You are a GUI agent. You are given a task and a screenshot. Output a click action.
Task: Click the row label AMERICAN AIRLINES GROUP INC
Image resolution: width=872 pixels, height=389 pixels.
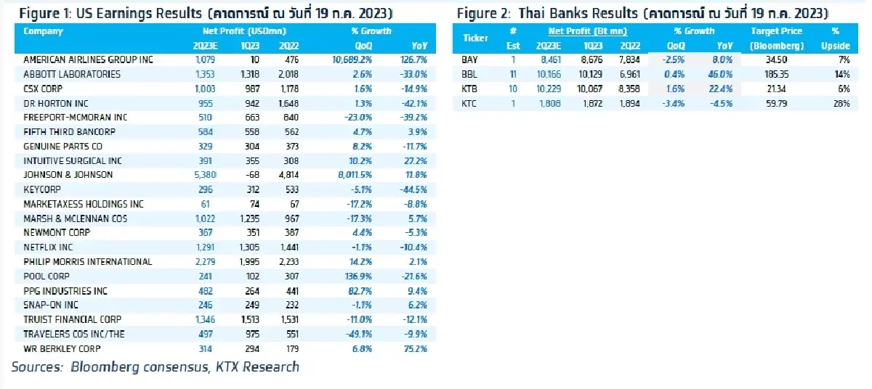click(88, 60)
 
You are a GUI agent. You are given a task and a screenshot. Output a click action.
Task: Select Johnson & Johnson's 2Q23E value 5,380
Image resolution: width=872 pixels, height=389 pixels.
click(205, 175)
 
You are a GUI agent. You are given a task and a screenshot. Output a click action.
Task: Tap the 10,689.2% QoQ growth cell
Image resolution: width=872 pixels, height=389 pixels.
click(352, 60)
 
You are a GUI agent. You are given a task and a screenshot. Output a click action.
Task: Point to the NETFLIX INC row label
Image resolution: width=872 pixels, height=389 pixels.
click(48, 247)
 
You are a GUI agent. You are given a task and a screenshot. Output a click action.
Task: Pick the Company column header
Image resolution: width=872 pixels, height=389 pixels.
click(43, 31)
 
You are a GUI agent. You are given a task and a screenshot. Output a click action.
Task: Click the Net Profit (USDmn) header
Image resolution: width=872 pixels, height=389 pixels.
click(244, 31)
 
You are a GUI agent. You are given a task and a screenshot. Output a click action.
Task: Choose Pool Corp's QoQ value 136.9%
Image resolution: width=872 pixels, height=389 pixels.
click(358, 277)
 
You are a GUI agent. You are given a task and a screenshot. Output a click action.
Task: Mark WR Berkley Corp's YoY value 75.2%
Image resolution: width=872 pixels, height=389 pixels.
click(416, 349)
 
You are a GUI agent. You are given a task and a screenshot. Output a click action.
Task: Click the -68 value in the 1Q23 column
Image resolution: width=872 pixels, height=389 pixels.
click(252, 175)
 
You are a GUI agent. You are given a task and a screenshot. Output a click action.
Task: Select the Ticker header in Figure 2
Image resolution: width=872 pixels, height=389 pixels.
click(475, 38)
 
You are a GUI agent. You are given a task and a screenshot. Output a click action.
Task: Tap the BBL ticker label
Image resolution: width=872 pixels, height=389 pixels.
click(469, 75)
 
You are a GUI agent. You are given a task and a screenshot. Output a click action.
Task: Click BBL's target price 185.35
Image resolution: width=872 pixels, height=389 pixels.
click(776, 75)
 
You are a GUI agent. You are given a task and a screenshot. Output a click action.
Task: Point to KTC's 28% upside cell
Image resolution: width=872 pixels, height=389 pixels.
click(844, 104)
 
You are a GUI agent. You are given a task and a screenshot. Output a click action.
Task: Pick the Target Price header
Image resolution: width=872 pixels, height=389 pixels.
click(776, 31)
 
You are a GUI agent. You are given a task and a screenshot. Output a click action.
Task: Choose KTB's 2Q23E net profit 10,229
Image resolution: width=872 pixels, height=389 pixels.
click(549, 89)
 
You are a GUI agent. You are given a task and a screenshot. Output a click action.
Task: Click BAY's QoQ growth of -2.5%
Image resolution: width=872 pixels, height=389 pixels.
click(673, 60)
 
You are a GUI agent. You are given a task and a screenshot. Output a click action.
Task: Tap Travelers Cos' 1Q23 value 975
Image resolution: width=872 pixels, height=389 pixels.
click(252, 335)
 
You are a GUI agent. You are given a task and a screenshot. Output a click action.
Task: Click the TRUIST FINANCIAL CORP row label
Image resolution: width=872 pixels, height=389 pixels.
click(73, 320)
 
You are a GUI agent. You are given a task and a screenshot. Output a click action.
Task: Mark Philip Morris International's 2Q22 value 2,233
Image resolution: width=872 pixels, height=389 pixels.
click(289, 262)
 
